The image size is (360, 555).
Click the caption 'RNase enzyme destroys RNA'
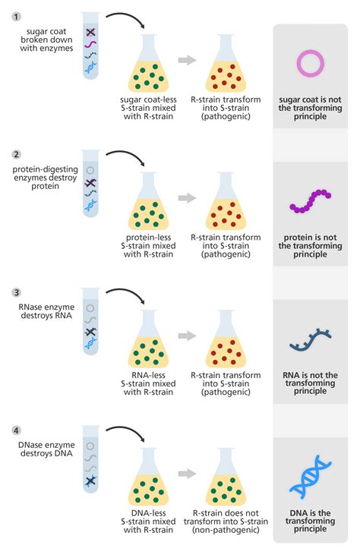[42, 311]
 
